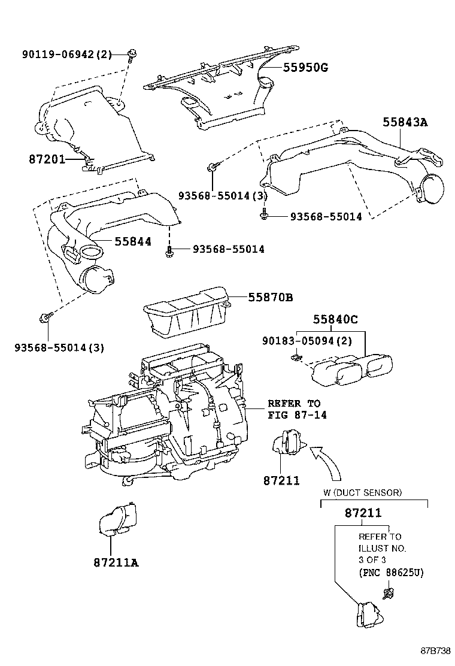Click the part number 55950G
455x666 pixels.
[x=305, y=68]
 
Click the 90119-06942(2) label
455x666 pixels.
[x=67, y=55]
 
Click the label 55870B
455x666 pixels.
[x=271, y=297]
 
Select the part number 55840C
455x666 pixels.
[x=335, y=320]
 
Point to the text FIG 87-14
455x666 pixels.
[x=297, y=415]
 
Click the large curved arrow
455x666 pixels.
[x=327, y=459]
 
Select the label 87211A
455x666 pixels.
[x=116, y=562]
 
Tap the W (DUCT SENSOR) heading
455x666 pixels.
[x=362, y=492]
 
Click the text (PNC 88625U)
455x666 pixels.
[x=391, y=573]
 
